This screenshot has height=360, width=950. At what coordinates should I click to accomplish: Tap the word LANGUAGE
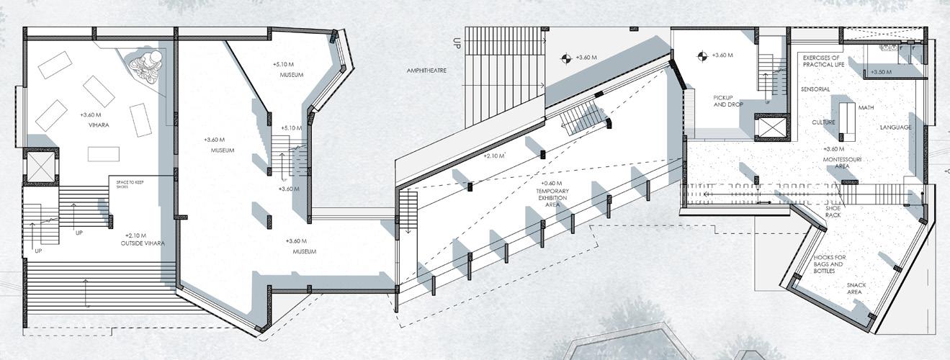(895, 127)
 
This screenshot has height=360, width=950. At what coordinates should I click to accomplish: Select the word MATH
(866, 108)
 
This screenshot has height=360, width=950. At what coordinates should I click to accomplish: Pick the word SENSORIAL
(815, 89)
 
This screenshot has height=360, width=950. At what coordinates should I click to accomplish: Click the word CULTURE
(823, 122)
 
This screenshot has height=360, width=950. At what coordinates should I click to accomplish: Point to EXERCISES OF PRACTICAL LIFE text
(822, 60)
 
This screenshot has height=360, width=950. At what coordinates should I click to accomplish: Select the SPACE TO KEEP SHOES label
(127, 184)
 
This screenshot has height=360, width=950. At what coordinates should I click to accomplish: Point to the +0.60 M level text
(552, 183)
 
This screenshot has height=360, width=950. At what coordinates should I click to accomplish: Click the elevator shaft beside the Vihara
(37, 166)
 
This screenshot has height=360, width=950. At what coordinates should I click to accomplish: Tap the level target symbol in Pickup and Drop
(702, 55)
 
